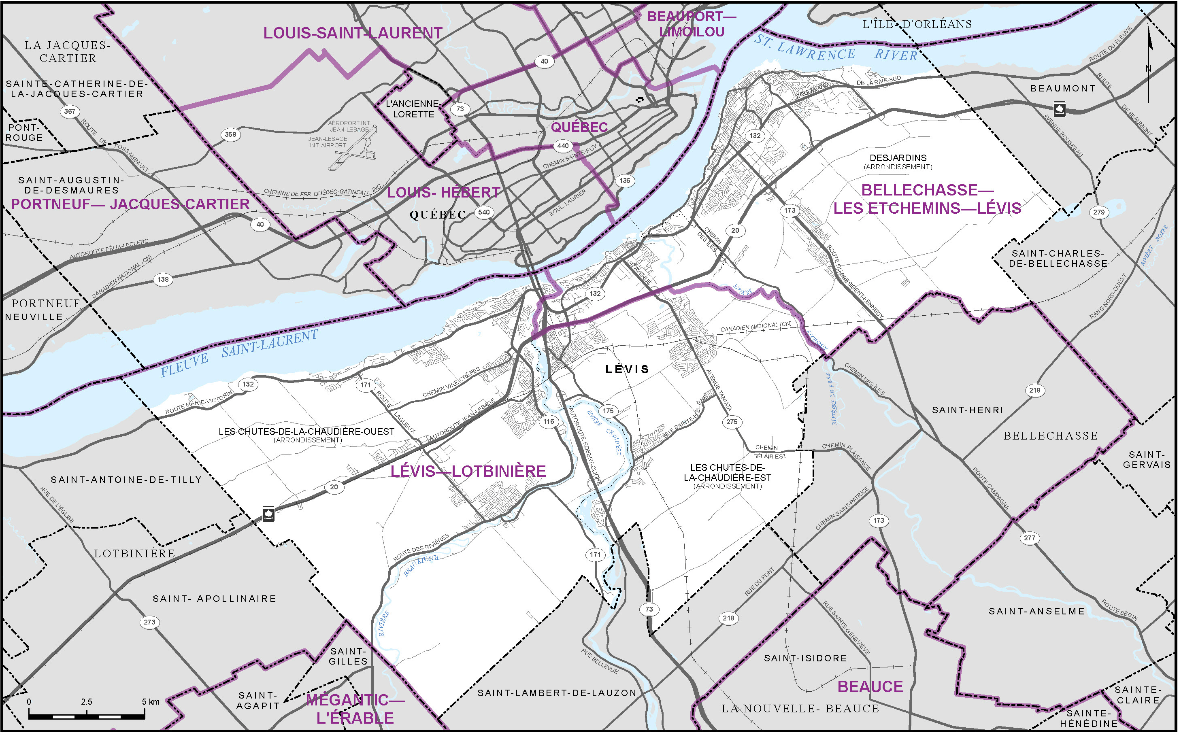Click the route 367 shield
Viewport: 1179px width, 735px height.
point(70,111)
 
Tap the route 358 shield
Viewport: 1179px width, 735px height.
point(230,134)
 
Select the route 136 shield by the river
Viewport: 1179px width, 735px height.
point(625,181)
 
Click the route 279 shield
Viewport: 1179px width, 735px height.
point(1099,212)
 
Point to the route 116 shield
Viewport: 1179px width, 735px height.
point(549,421)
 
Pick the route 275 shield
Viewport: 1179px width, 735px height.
point(732,422)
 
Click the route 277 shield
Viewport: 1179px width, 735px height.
point(1029,538)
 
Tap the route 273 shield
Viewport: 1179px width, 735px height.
point(149,622)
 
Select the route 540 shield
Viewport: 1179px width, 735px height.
point(484,212)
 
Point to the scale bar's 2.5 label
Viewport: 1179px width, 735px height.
point(87,702)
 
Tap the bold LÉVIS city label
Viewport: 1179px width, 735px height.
point(627,370)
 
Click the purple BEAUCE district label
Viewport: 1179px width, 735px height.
point(870,687)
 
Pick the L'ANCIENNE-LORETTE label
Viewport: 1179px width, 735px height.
point(413,109)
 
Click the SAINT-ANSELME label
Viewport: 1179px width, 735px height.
point(1036,611)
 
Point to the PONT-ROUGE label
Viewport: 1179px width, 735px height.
point(25,133)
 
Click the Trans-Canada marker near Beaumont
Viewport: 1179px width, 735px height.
point(1060,109)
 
